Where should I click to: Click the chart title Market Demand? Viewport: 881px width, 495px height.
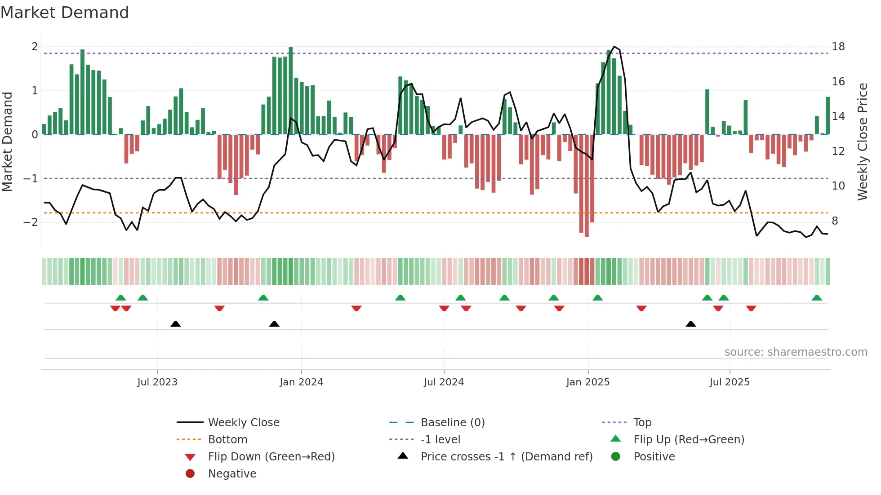65,13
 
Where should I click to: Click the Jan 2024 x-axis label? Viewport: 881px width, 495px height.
301,382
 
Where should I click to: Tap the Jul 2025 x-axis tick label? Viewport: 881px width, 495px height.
730,382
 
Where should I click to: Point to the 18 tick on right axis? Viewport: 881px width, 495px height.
838,47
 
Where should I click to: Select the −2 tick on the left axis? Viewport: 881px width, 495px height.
31,222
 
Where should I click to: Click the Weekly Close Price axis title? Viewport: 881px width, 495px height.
862,141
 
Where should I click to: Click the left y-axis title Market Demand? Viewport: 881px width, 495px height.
8,141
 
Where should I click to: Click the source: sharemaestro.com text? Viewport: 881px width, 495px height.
796,352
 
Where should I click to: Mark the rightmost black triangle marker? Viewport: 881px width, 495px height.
691,324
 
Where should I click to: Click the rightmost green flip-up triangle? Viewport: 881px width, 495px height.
817,298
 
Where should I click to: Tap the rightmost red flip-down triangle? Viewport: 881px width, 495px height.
751,308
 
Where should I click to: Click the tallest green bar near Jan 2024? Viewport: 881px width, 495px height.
291,90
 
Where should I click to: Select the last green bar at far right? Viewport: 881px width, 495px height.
828,116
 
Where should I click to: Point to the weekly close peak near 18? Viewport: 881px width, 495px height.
614,47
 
